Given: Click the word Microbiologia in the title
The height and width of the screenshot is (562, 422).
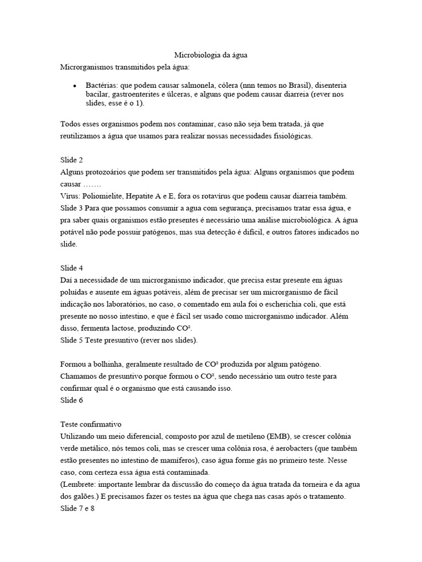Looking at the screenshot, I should (195, 55).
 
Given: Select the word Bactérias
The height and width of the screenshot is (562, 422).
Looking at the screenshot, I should (102, 86).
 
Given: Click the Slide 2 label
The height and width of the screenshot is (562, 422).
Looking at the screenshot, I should (71, 160).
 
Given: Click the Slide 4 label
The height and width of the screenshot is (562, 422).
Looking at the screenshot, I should (71, 268).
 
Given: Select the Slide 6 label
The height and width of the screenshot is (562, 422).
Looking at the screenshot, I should (71, 401).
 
